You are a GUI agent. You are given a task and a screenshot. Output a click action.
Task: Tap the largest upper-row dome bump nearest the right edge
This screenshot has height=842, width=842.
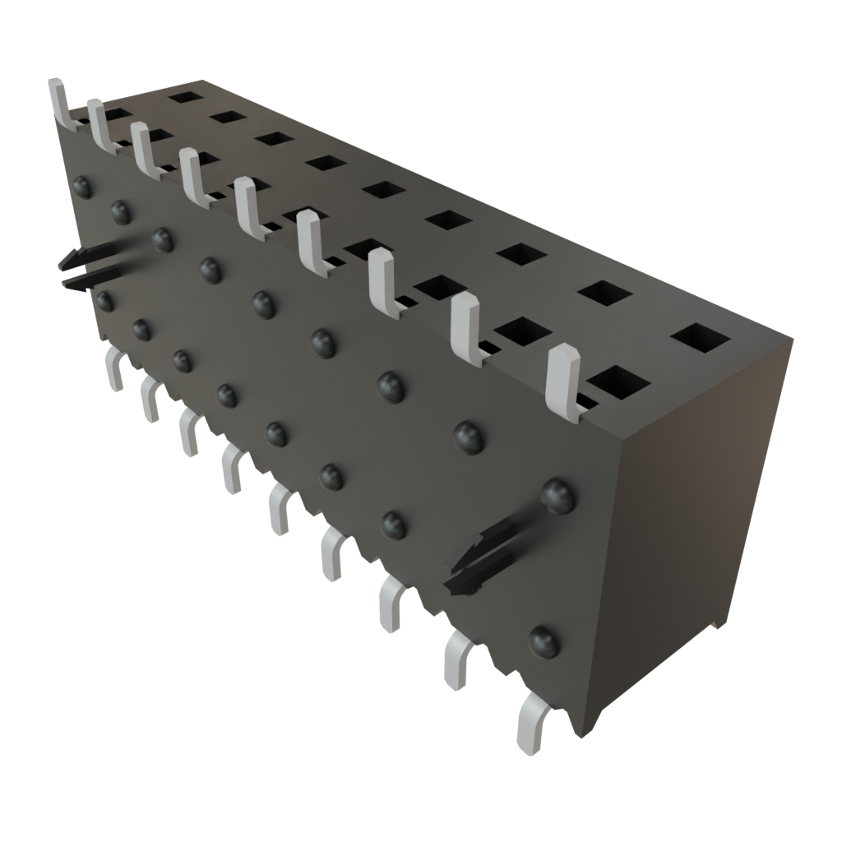[x=557, y=495]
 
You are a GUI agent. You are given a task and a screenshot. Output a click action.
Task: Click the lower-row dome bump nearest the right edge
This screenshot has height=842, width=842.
[x=543, y=641]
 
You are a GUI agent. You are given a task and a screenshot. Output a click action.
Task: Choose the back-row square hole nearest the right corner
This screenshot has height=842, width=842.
[x=701, y=337]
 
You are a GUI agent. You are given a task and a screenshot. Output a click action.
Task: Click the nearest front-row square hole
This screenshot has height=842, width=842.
[x=616, y=382]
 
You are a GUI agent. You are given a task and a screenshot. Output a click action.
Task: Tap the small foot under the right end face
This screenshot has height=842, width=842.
[x=718, y=622]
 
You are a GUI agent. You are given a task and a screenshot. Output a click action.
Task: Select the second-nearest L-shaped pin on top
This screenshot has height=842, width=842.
[x=465, y=327]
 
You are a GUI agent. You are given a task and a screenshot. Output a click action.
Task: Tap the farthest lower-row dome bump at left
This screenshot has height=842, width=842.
[x=104, y=300]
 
